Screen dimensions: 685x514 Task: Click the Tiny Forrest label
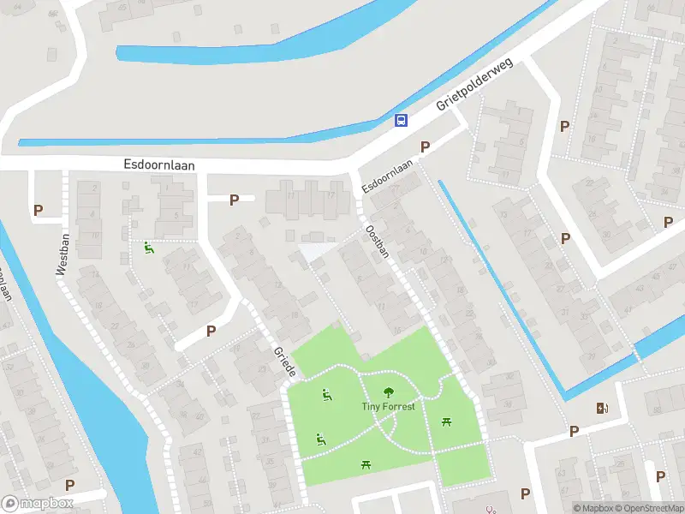pyautogui.click(x=387, y=406)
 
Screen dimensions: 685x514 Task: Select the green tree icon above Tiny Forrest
pyautogui.click(x=388, y=391)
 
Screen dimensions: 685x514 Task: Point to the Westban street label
pyautogui.click(x=62, y=255)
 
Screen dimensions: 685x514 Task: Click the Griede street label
pyautogui.click(x=284, y=362)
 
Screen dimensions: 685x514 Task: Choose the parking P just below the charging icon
pyautogui.click(x=574, y=431)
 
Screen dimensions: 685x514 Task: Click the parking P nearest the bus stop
pyautogui.click(x=424, y=147)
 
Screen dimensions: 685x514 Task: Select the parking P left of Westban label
pyautogui.click(x=38, y=210)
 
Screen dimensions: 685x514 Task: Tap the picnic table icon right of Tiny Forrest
pyautogui.click(x=446, y=421)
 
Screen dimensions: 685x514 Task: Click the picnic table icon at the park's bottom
pyautogui.click(x=366, y=463)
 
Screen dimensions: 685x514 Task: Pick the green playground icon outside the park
pyautogui.click(x=149, y=248)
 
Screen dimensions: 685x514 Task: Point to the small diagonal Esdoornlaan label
pyautogui.click(x=387, y=176)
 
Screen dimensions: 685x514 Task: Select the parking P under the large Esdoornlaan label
pyautogui.click(x=234, y=200)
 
